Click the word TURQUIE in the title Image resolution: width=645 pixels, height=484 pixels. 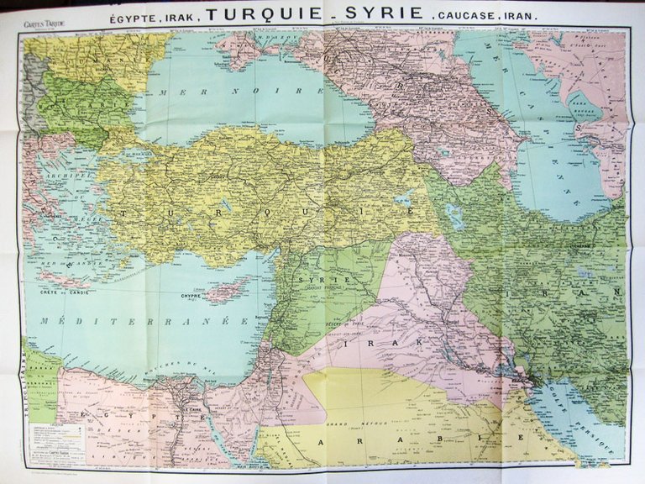(263, 13)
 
